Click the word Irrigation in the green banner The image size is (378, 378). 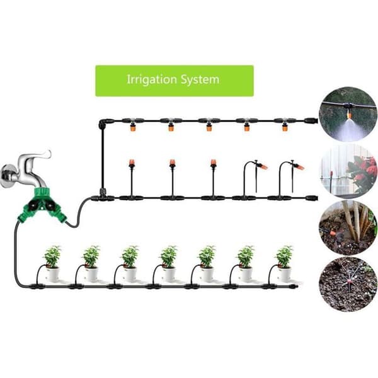(152, 79)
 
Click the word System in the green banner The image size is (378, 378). (200, 80)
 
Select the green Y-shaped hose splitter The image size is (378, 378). (42, 205)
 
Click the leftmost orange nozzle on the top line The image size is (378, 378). (133, 127)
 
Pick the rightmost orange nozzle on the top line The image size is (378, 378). (285, 127)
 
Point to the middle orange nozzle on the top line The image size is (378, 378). (209, 127)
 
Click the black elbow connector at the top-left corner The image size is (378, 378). (104, 123)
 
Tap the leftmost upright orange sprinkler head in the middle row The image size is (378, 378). (132, 163)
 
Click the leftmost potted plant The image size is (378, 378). (52, 263)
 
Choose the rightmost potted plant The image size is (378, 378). (285, 263)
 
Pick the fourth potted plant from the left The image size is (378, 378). (168, 263)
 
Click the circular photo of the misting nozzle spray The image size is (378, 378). (348, 114)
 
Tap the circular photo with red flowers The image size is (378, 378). (348, 171)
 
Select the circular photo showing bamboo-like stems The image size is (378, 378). (348, 228)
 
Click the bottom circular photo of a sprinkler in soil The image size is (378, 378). (348, 285)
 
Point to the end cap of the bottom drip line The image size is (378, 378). (294, 287)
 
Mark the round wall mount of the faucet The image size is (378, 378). (7, 176)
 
